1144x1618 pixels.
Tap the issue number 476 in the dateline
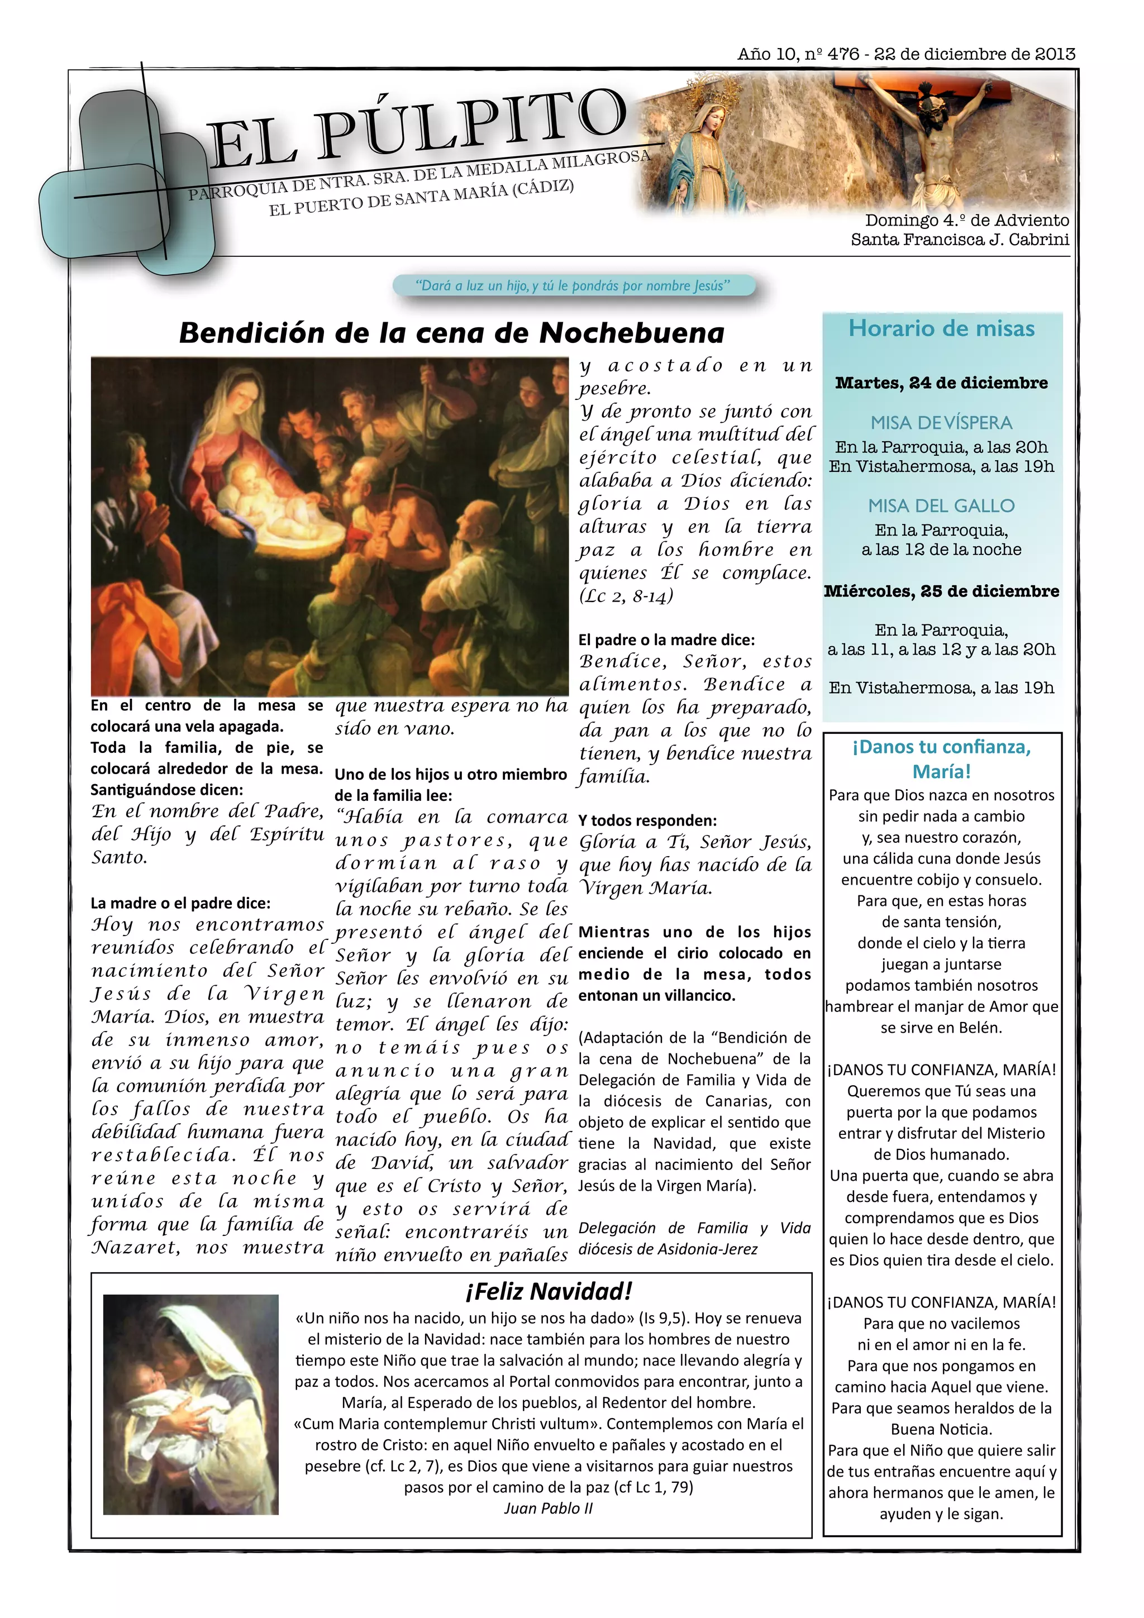[x=843, y=54]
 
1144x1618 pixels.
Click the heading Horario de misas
[x=941, y=328]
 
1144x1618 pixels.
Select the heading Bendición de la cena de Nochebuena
[x=451, y=333]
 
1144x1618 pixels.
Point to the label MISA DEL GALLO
[x=941, y=505]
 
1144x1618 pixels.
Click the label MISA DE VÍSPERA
[x=941, y=422]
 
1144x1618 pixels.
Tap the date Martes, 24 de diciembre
[x=941, y=383]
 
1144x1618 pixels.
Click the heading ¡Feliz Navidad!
[x=549, y=1291]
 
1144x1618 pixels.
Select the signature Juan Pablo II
[x=549, y=1508]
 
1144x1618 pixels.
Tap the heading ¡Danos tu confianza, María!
[x=941, y=759]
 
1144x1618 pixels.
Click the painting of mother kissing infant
[x=190, y=1404]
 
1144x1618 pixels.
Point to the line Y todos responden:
[x=647, y=820]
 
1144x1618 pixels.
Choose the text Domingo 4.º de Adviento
[x=966, y=221]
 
